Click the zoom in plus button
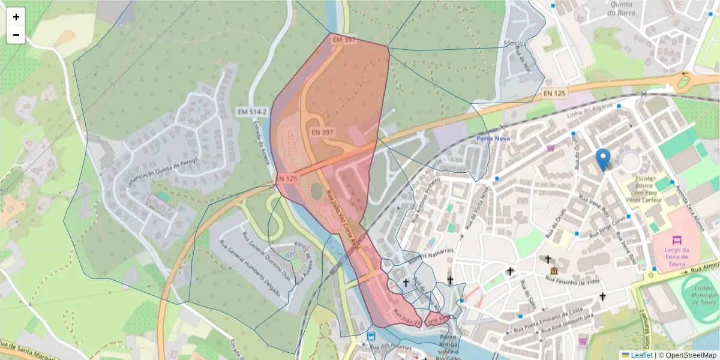coord(16,17)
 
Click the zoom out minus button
coord(16,35)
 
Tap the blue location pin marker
coord(604,160)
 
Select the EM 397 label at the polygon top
coord(344,40)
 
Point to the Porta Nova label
coord(493,139)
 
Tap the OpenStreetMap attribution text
coord(687,355)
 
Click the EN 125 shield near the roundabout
coord(554,94)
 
